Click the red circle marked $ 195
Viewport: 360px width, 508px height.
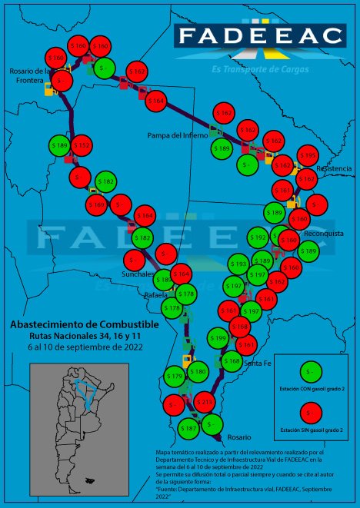click(x=307, y=156)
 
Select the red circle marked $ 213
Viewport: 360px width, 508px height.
click(x=204, y=401)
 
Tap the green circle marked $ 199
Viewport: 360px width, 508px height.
click(x=218, y=338)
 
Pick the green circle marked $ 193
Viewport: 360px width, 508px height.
click(x=239, y=264)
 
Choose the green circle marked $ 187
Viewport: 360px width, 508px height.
click(x=188, y=427)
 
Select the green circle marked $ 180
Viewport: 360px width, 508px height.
click(x=198, y=372)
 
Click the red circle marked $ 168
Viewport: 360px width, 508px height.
click(x=240, y=327)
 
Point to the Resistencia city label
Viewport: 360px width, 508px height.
click(x=334, y=168)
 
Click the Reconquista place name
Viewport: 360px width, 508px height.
click(x=324, y=233)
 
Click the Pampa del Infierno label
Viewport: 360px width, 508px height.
click(x=178, y=134)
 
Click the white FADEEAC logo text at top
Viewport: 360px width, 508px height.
click(x=258, y=35)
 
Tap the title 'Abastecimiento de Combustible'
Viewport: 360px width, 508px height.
click(x=85, y=324)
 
